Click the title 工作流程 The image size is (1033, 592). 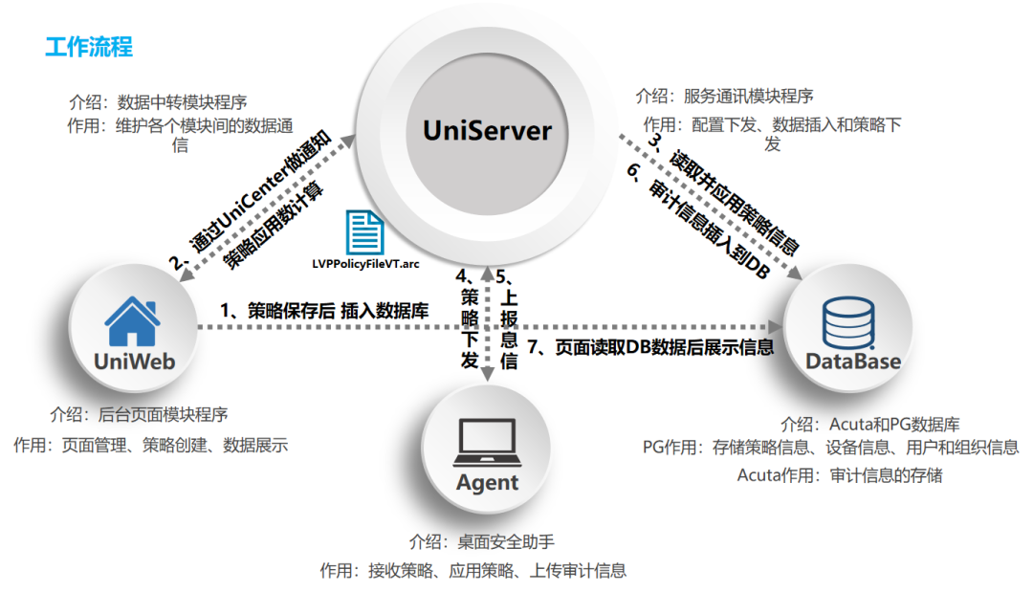pos(89,46)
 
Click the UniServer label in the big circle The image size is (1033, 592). pos(488,129)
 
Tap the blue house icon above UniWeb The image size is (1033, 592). pos(132,320)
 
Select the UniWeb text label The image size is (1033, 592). pos(132,361)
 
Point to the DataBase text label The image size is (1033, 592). pos(852,361)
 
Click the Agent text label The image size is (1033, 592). pos(487,482)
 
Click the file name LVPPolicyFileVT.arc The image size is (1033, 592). pos(365,263)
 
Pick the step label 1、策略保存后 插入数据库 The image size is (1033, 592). pos(324,310)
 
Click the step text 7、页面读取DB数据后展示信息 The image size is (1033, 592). pos(650,348)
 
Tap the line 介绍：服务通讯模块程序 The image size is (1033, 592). pos(724,96)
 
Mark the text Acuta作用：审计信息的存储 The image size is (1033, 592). pos(839,474)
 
